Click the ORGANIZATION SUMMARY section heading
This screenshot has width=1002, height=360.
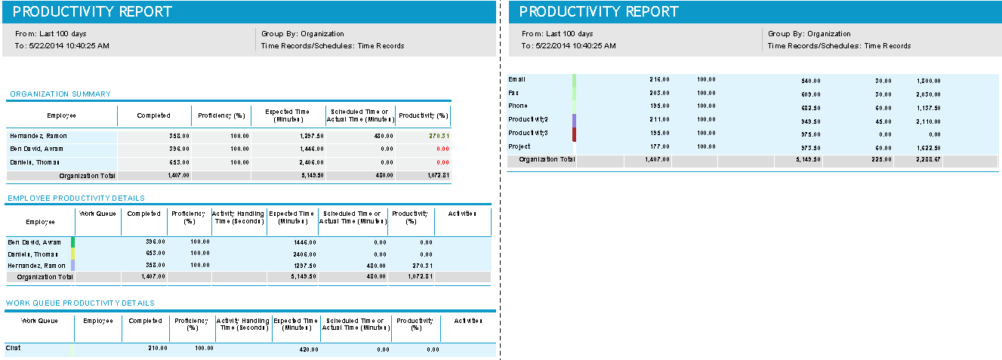coord(60,94)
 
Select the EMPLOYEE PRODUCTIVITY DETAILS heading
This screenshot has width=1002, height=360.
coord(75,198)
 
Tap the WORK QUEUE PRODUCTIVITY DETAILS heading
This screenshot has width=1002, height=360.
coord(80,303)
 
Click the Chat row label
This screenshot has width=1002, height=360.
coord(13,349)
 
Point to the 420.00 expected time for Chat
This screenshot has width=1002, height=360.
coord(307,349)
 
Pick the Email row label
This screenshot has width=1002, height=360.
coord(517,79)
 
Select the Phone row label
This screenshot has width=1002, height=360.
coord(518,106)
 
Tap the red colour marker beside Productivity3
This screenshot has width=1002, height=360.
coord(575,134)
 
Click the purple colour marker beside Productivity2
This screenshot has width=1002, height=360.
coord(575,120)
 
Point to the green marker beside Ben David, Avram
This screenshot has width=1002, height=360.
coord(73,242)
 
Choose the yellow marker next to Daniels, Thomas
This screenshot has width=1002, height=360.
coord(73,254)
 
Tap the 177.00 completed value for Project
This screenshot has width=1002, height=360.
coord(659,147)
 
